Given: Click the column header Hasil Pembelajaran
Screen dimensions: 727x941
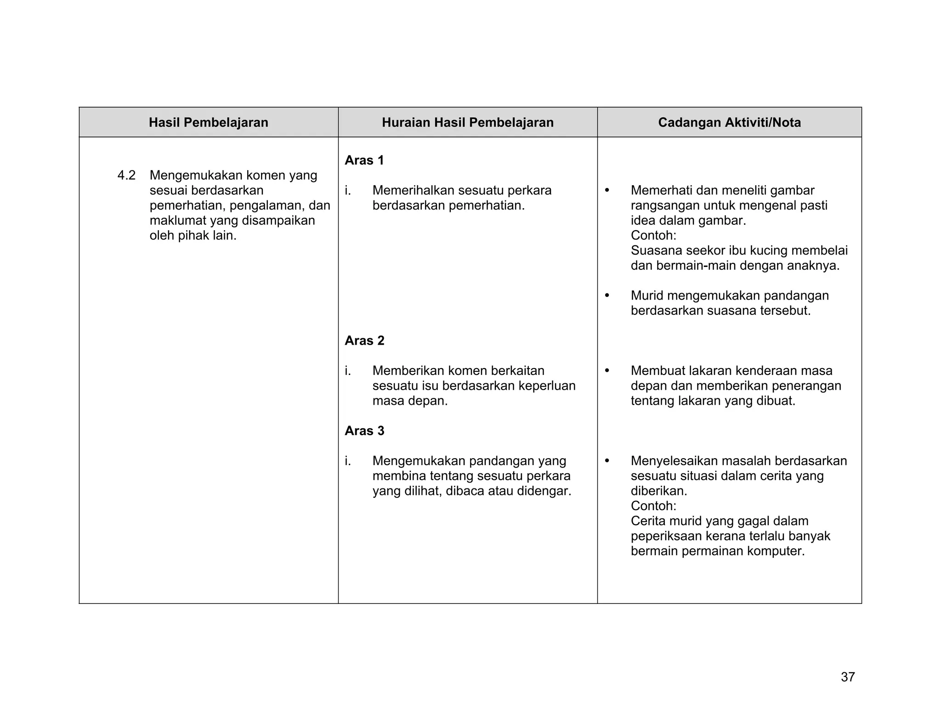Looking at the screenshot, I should point(208,122).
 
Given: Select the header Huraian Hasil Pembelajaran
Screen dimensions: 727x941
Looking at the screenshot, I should point(467,122).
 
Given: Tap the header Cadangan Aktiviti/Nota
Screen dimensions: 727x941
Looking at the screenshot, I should point(729,122).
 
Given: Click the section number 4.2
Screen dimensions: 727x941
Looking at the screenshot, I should point(126,175).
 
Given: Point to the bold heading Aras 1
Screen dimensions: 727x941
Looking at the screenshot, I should point(364,160).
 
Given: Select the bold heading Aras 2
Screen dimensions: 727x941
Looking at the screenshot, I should point(364,341).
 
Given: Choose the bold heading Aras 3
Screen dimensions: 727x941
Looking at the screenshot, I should point(364,431).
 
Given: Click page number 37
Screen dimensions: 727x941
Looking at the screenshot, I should point(848,677).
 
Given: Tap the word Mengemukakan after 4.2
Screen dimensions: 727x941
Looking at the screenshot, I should point(196,175).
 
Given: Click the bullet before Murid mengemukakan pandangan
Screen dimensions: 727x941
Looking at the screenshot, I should point(607,295).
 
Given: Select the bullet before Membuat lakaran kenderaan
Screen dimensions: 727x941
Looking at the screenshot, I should point(607,370).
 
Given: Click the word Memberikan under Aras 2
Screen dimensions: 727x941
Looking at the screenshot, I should point(408,370).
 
